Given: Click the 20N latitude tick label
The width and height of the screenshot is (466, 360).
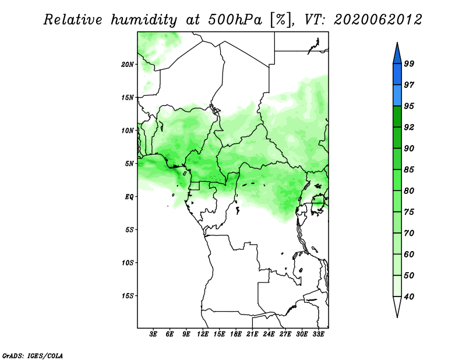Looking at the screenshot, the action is coord(128,65).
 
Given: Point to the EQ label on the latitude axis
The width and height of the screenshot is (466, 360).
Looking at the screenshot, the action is coord(129,197).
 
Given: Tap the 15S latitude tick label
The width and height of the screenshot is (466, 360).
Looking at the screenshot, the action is coord(128,296).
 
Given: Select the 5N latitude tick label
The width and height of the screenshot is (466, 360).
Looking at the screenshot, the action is coord(129,164).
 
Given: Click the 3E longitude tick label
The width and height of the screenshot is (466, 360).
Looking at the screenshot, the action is coord(153,334).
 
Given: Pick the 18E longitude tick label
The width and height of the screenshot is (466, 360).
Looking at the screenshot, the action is coord(236,334).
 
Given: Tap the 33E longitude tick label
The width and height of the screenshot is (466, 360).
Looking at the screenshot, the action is coord(318,334).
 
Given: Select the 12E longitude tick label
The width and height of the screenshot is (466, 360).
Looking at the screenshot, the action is coord(203,334).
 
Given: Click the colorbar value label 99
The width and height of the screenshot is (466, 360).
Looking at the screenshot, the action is coord(409,63).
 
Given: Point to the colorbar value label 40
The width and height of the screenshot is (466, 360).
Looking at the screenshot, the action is coord(409,297).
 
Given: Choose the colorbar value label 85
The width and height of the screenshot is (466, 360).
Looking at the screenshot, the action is coord(409,170).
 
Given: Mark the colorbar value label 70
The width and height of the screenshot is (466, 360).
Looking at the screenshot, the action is coord(409,233).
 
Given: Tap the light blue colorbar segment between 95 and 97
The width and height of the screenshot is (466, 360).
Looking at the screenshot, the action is coord(397,96).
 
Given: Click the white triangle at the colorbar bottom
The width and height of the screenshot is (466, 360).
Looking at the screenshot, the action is coord(397,306).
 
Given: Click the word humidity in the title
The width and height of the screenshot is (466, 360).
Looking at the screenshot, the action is coord(144,20).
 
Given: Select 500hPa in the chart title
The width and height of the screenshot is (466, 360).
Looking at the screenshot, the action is coord(235,20).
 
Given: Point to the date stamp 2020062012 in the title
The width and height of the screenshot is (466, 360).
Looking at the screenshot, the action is coord(377,20).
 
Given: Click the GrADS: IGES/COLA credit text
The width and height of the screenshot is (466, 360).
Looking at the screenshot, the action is coord(33,355).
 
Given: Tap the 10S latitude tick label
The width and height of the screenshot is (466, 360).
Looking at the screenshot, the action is coord(128,263).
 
